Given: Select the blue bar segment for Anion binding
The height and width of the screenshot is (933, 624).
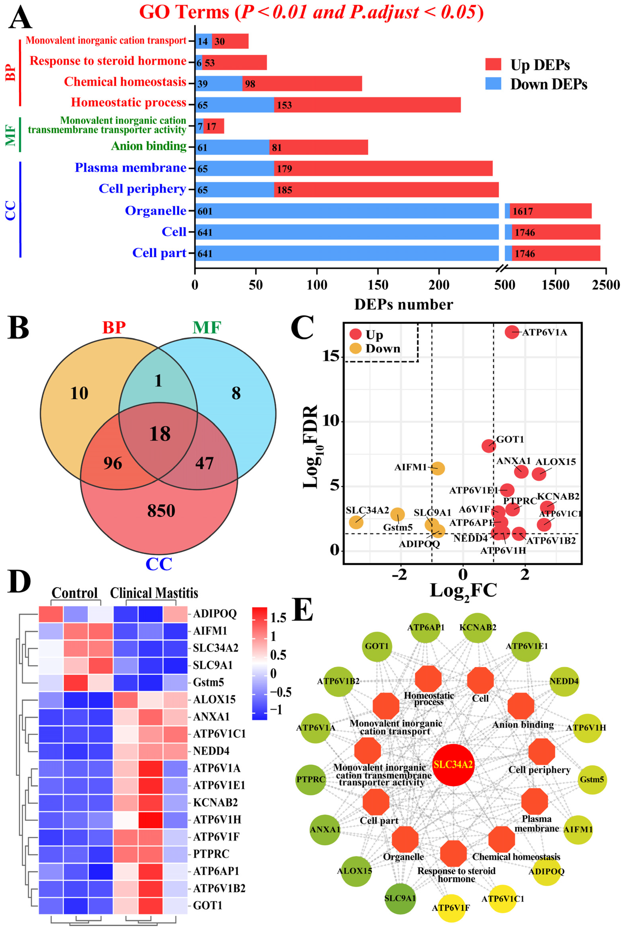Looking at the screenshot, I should [232, 147].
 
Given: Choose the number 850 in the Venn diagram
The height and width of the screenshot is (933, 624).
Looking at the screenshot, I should [161, 511].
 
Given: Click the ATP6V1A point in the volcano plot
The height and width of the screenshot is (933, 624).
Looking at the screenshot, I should [512, 332].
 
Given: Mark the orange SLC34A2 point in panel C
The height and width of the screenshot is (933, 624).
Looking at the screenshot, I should [356, 522].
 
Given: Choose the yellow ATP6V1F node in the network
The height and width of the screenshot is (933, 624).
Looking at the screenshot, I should [451, 908].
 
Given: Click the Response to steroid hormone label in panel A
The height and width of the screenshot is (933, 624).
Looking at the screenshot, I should [108, 61].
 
